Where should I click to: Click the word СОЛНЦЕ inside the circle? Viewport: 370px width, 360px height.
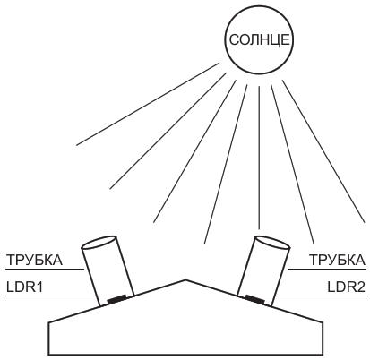259,39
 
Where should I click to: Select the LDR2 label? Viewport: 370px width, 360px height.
347,287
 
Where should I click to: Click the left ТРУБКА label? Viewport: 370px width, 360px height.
35,260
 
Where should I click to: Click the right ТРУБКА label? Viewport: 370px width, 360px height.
337,260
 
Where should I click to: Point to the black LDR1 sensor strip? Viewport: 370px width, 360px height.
116,299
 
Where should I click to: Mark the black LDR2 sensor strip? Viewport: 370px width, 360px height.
254,299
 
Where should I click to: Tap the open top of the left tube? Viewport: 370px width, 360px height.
99,243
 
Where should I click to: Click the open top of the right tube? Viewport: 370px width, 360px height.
272,243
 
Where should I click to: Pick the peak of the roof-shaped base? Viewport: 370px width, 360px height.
185,280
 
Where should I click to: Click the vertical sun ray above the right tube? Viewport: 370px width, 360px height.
259,158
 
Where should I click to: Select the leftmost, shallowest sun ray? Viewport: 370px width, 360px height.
148,104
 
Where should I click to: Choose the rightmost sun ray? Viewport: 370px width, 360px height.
323,151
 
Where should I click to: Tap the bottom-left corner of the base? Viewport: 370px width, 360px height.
48,356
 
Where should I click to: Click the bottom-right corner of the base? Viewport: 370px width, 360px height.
323,356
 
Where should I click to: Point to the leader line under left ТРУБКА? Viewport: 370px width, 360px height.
45,269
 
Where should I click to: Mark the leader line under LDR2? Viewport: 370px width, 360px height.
312,296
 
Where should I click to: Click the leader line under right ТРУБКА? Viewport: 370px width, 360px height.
327,269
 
